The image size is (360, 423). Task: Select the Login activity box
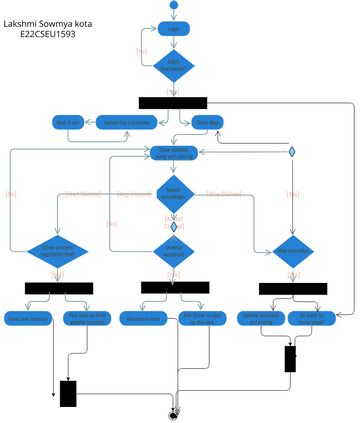pos(174,29)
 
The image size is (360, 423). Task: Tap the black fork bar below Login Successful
pos(172,102)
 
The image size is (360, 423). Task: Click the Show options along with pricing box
pos(173,152)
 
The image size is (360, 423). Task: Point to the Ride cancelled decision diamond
pos(293,249)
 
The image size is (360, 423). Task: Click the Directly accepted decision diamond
pos(173,250)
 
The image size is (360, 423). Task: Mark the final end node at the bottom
pos(174,412)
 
